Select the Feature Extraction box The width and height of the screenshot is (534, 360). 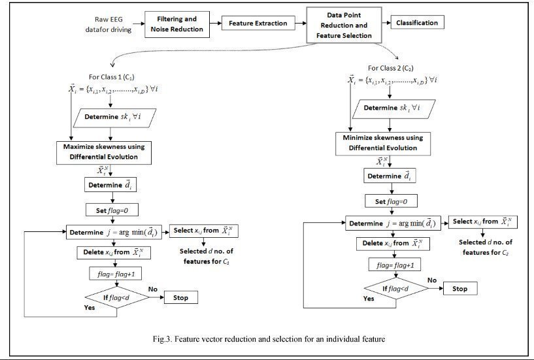click(258, 24)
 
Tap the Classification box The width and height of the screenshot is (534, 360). click(417, 23)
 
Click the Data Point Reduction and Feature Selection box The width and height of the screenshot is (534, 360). click(344, 25)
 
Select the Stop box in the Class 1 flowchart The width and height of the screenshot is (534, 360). click(180, 297)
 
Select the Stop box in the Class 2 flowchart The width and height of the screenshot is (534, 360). click(459, 288)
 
